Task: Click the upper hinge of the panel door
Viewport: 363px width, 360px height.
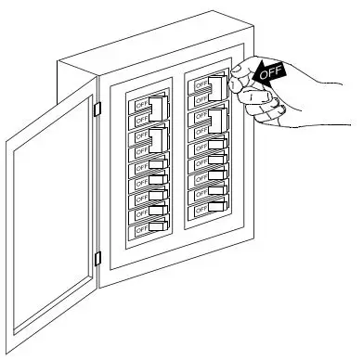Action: (x=97, y=108)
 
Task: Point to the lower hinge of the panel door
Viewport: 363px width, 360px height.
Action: (x=97, y=257)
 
